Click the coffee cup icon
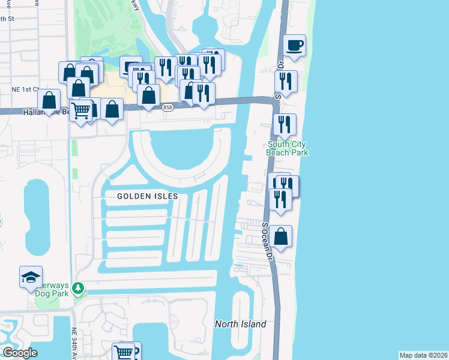coord(294,46)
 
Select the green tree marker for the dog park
coord(77,289)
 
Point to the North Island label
coord(240,324)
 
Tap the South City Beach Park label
coord(288,148)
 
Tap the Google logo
coord(20,352)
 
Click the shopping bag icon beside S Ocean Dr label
coord(280,236)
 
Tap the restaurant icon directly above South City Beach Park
coord(284,124)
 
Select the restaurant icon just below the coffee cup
coord(286,82)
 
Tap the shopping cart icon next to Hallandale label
coord(82,110)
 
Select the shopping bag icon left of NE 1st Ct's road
coord(49,101)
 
